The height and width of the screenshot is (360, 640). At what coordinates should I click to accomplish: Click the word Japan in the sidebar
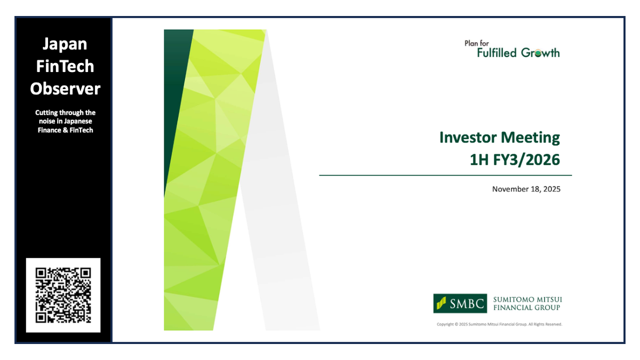click(64, 44)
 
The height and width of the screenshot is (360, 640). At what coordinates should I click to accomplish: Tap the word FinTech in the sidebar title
click(64, 66)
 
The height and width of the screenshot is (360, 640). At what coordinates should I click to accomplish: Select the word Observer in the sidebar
click(65, 89)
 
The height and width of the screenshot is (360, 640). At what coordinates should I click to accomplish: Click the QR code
click(63, 295)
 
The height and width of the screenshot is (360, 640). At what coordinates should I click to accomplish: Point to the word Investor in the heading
click(468, 138)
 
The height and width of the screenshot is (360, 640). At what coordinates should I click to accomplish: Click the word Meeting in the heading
click(531, 138)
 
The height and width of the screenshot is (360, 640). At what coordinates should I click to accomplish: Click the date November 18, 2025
click(526, 189)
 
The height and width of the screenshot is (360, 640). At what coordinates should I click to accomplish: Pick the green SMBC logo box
click(460, 303)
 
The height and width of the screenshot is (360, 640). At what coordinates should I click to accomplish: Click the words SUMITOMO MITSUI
click(527, 300)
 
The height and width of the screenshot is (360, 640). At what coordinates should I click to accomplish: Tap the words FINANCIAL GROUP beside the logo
click(527, 308)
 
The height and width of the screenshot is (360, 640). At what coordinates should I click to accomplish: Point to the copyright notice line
click(499, 324)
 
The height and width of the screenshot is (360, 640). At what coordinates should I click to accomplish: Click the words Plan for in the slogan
click(477, 44)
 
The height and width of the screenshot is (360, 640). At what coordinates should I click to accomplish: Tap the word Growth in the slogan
click(540, 52)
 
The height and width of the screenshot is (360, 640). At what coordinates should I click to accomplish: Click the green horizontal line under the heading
click(445, 175)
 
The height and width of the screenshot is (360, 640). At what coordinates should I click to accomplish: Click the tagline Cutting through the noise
click(65, 121)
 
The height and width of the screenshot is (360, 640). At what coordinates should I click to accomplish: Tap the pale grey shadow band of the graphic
click(283, 240)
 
